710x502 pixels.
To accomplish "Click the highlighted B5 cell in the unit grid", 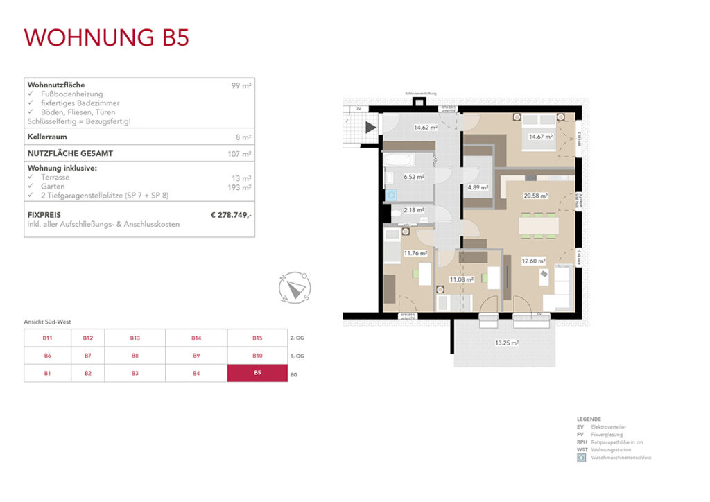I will pyautogui.click(x=257, y=373).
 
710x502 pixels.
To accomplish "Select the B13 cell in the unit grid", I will pyautogui.click(x=135, y=338).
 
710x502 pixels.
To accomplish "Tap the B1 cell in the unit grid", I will pyautogui.click(x=48, y=373).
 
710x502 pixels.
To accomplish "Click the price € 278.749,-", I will pyautogui.click(x=231, y=216).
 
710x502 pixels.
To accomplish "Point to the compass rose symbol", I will pyautogui.click(x=295, y=288).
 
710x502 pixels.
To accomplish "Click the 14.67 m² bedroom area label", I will pyautogui.click(x=540, y=137).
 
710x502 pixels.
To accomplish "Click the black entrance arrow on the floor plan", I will pyautogui.click(x=370, y=128).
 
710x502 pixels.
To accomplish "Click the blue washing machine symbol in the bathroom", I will pyautogui.click(x=390, y=196).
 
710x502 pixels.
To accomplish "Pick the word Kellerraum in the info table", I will pyautogui.click(x=47, y=137).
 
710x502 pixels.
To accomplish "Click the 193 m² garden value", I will pyautogui.click(x=240, y=187).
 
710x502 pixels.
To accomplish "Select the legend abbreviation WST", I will pyautogui.click(x=581, y=450).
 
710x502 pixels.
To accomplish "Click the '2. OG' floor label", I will pyautogui.click(x=296, y=338).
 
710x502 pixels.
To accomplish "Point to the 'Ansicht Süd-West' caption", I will pyautogui.click(x=48, y=322).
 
